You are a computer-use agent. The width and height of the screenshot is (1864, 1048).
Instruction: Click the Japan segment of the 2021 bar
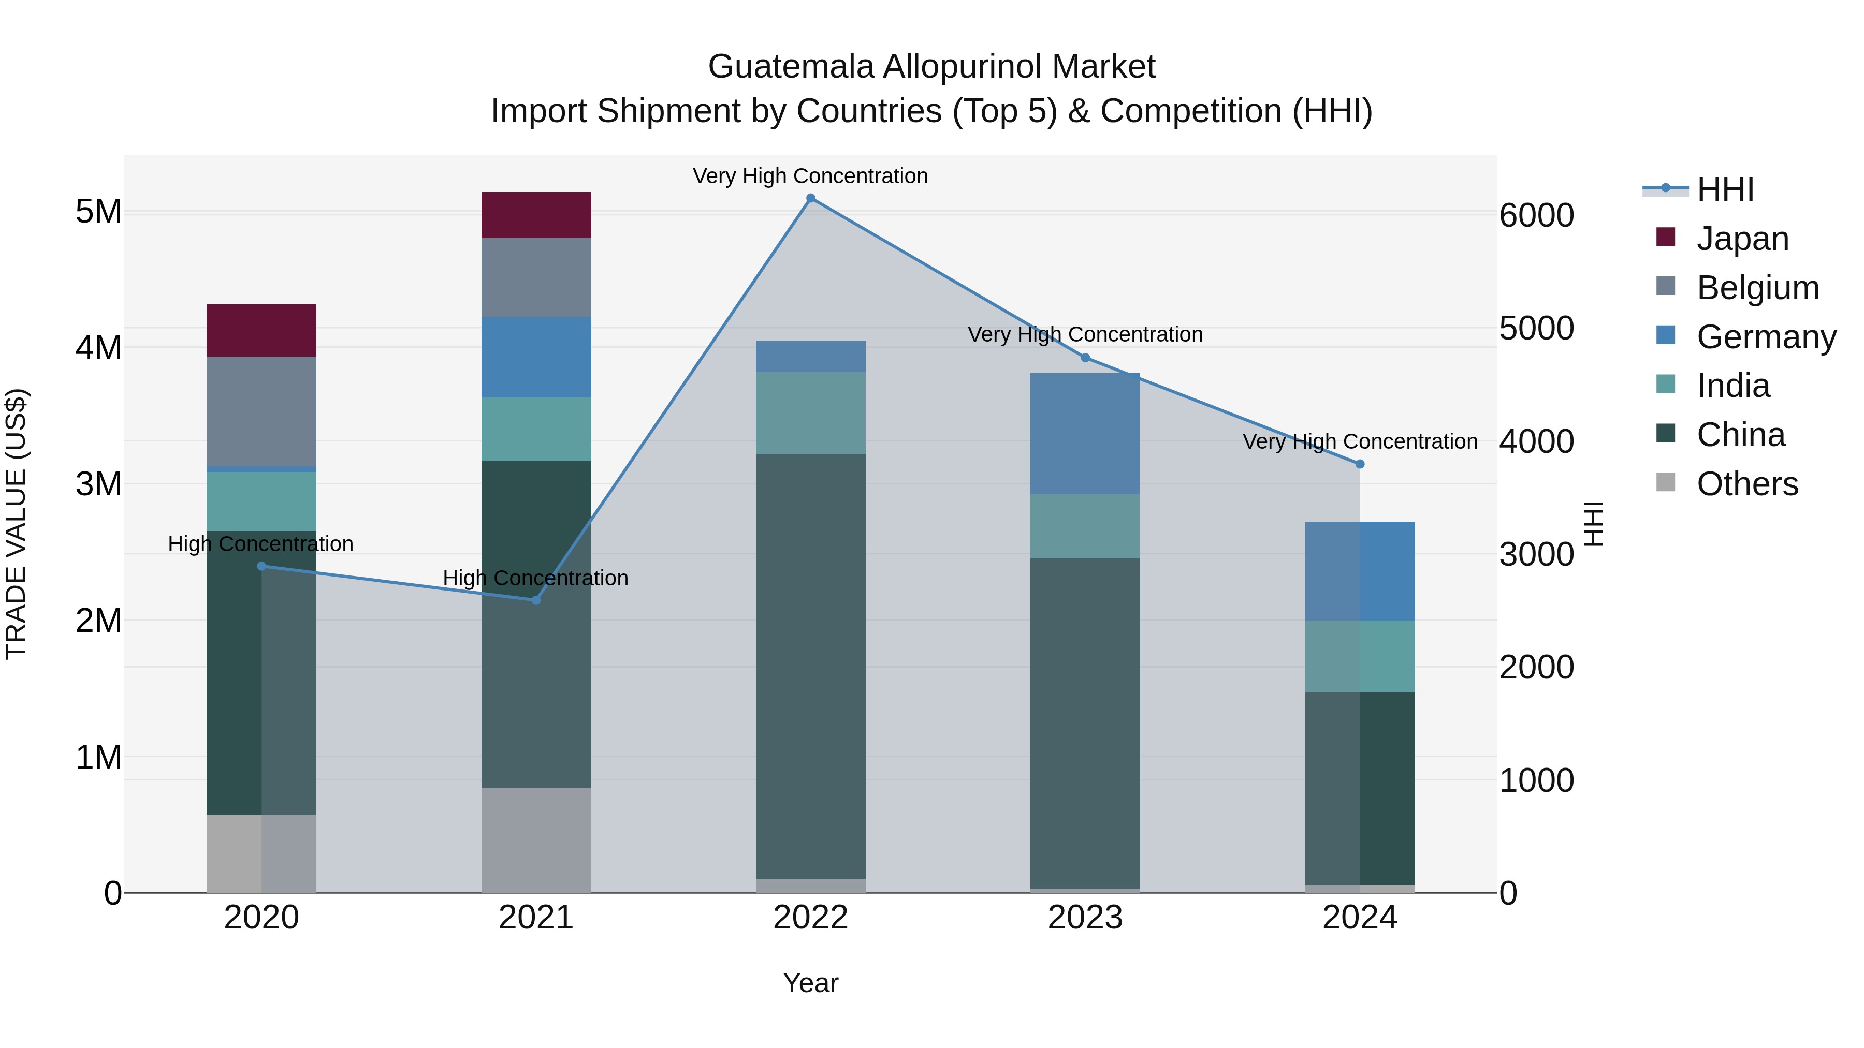(536, 215)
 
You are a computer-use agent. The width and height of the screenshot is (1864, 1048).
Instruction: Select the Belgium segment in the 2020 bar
(261, 411)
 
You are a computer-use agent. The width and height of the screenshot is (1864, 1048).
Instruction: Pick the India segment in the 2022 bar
(810, 413)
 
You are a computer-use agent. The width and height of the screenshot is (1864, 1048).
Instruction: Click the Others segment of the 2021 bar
(536, 839)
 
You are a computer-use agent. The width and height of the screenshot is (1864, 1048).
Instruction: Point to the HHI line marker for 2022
(810, 198)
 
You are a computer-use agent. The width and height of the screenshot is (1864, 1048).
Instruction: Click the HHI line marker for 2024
(1360, 464)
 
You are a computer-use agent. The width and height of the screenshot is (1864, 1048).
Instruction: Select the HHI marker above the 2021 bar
(536, 600)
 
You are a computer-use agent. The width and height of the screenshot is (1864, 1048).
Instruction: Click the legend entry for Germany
(1766, 337)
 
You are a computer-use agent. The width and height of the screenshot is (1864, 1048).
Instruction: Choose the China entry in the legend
(1740, 435)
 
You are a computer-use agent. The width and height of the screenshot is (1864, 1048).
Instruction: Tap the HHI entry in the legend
(1725, 189)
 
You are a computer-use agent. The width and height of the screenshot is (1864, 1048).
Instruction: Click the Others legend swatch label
(1747, 484)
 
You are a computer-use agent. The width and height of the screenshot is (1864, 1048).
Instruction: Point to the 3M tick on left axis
(98, 484)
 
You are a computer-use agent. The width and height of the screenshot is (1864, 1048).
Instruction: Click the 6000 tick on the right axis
(1536, 215)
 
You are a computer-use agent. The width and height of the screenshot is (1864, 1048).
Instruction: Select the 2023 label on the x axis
(1085, 918)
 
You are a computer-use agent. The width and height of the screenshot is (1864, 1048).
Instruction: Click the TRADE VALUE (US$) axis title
(16, 524)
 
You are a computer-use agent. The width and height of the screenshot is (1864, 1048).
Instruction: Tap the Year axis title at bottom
(810, 983)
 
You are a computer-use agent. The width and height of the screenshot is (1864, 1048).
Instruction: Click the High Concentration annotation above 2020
(260, 544)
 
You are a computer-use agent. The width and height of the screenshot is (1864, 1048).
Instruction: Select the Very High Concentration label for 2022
(810, 176)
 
